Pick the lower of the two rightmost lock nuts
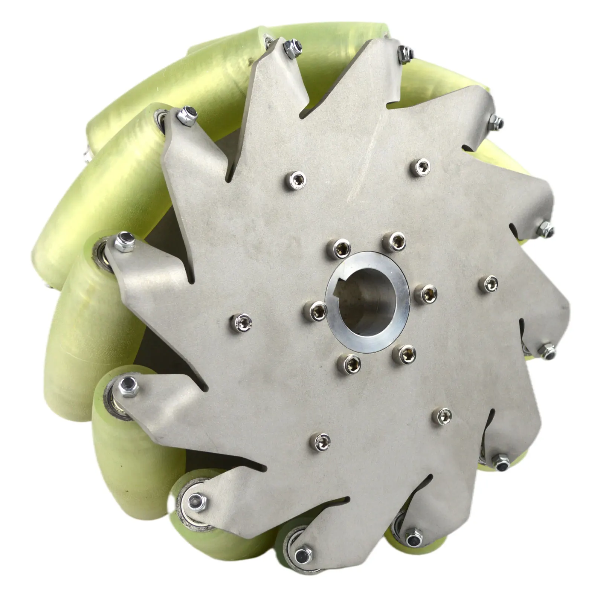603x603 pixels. coord(546,350)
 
